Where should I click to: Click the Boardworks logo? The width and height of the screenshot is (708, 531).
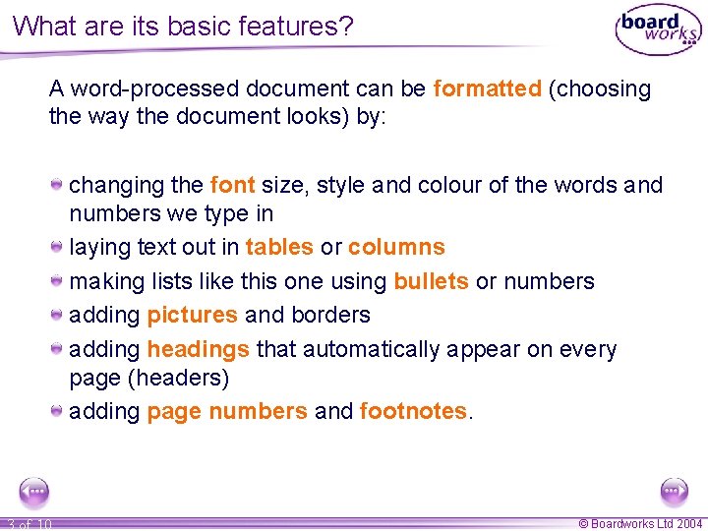(x=658, y=30)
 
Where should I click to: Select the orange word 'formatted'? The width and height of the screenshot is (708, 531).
(x=488, y=88)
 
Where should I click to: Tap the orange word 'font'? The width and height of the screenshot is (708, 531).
(x=233, y=185)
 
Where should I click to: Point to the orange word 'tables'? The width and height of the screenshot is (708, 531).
(x=279, y=247)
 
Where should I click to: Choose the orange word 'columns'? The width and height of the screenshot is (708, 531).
(x=396, y=247)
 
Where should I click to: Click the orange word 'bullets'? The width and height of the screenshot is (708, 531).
(x=431, y=281)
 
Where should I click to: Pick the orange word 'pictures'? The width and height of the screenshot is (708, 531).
(x=193, y=315)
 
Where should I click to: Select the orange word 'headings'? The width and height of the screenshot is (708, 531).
(x=199, y=349)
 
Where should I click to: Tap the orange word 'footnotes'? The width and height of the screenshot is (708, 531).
(x=413, y=411)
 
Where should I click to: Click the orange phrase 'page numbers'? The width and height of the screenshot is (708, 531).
(x=227, y=411)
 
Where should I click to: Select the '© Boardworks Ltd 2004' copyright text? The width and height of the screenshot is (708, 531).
(x=640, y=524)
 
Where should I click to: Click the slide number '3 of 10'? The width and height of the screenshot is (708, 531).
(x=29, y=524)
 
